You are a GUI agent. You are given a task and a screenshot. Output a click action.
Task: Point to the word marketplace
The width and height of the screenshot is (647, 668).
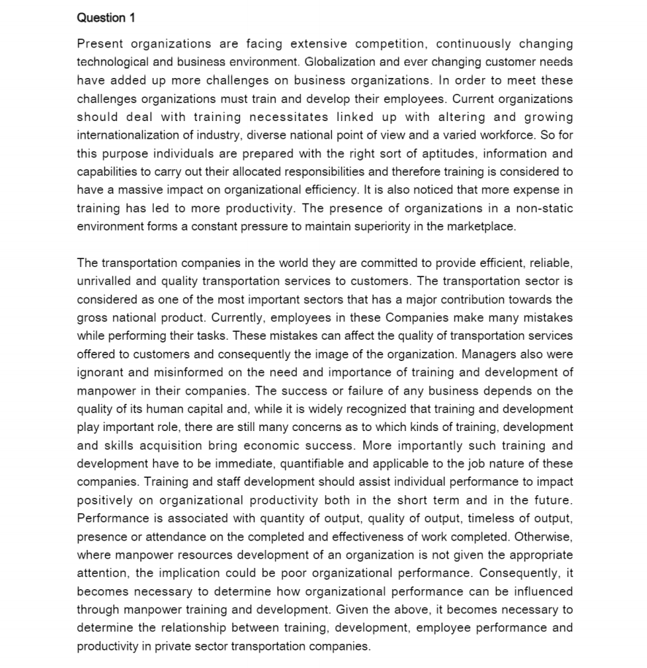(481, 226)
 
